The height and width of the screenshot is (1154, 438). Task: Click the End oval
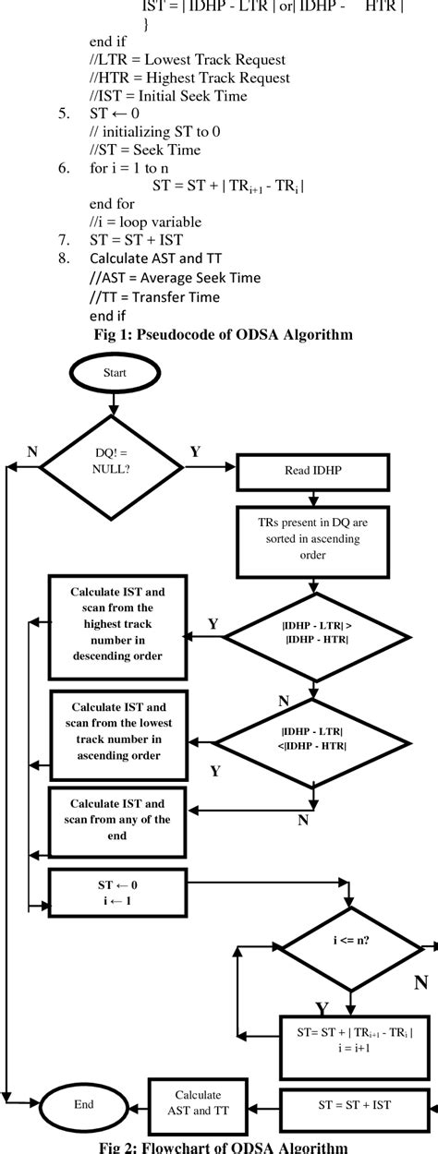coord(83,1103)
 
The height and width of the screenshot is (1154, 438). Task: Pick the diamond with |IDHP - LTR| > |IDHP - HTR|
coord(316,636)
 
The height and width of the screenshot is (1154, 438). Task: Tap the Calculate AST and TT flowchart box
coord(197,1103)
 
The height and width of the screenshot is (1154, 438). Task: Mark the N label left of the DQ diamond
coord(32,452)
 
